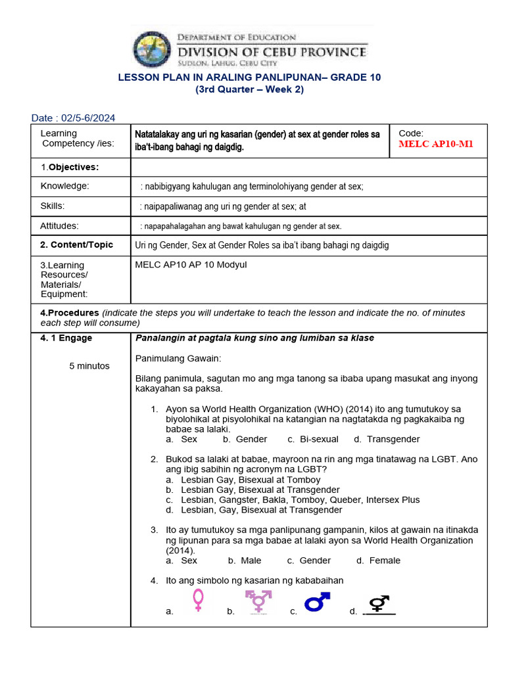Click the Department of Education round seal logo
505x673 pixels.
pyautogui.click(x=155, y=49)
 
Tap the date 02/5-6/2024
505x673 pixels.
pyautogui.click(x=87, y=118)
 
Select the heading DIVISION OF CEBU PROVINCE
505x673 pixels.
pyautogui.click(x=273, y=51)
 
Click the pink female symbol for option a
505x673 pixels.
pyautogui.click(x=198, y=601)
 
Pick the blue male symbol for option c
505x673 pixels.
pyautogui.click(x=317, y=601)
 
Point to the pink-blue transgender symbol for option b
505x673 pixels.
pyautogui.click(x=259, y=601)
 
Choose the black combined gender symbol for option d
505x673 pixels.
pyautogui.click(x=379, y=603)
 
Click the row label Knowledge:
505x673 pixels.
pyautogui.click(x=64, y=186)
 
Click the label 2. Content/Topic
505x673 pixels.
pyautogui.click(x=77, y=244)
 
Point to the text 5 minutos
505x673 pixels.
pyautogui.click(x=89, y=365)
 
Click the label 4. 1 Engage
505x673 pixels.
pyautogui.click(x=66, y=338)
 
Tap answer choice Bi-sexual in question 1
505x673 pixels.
pyautogui.click(x=319, y=439)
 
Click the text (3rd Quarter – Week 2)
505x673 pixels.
pyautogui.click(x=249, y=89)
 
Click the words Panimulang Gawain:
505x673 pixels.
pyautogui.click(x=178, y=358)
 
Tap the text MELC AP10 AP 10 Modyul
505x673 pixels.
pyautogui.click(x=191, y=264)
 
